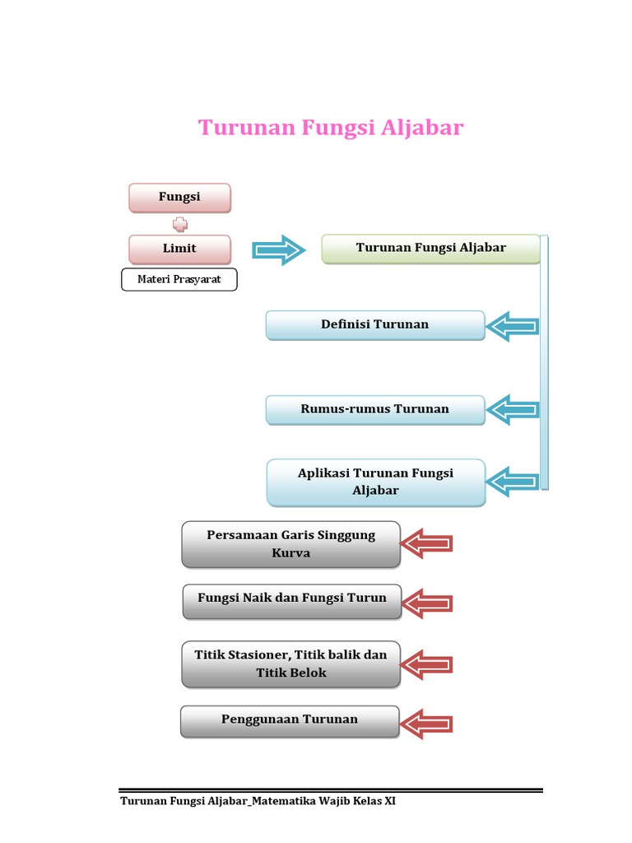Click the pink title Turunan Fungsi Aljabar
331,128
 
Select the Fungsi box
179,198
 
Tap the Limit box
179,249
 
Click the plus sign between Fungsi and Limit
179,224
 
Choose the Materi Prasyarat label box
179,280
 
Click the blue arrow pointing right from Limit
278,249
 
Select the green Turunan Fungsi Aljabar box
430,249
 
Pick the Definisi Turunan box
375,325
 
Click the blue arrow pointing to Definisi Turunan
513,327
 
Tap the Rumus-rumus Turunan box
375,409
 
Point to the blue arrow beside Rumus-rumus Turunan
513,409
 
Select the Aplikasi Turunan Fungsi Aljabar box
375,482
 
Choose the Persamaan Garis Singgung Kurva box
291,544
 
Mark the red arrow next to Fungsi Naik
426,603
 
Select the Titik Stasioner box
291,664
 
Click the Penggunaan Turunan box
290,721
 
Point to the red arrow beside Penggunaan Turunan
426,724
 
